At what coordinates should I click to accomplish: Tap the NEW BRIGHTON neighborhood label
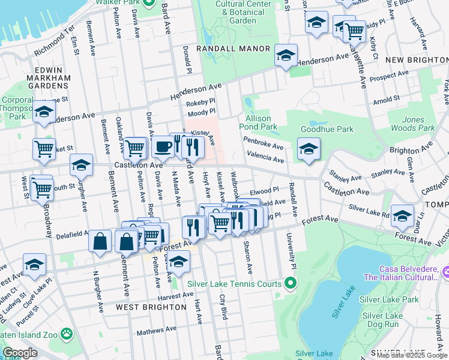click(x=416, y=60)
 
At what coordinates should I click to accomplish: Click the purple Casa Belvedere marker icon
click(x=445, y=273)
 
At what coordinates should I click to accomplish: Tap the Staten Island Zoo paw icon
click(x=65, y=332)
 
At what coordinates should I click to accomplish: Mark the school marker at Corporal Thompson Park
click(x=44, y=112)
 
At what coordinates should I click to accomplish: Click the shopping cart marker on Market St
click(x=44, y=148)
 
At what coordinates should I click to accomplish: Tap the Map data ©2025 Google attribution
click(x=412, y=355)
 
